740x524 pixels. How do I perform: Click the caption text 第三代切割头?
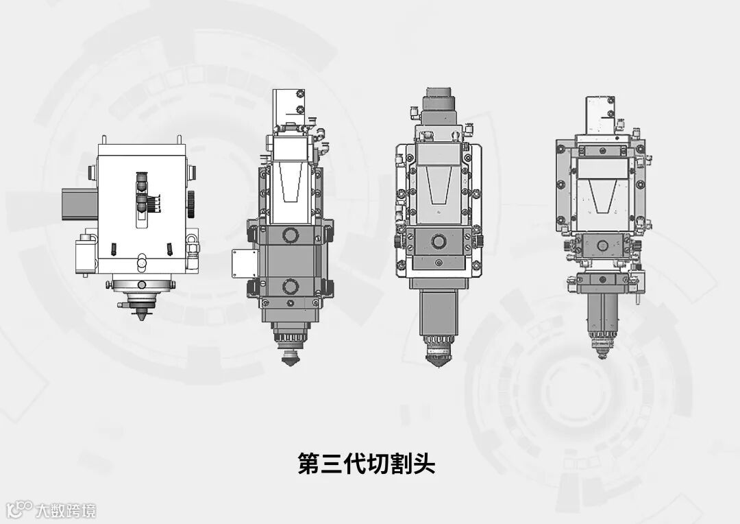366,464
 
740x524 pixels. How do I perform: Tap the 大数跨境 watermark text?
66,511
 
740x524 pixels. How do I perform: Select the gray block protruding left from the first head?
79,203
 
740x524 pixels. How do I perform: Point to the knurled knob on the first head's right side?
192,204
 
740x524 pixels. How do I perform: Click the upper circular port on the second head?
290,235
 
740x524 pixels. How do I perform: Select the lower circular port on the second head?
290,286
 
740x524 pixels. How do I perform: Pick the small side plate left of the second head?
245,264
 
